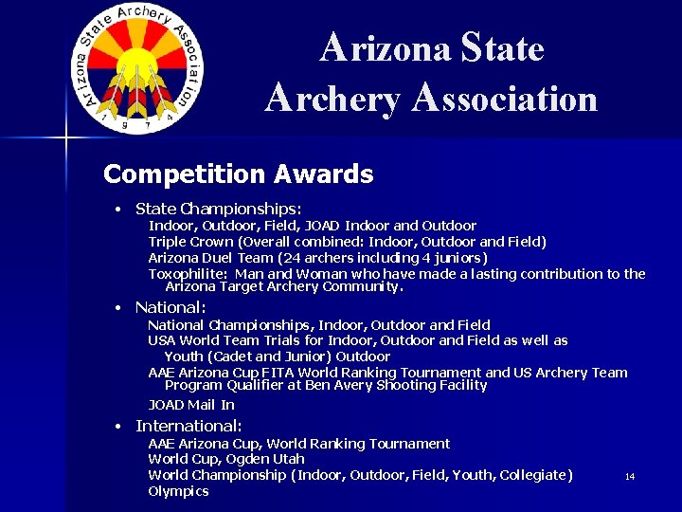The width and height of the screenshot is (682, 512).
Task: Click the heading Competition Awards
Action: point(238,174)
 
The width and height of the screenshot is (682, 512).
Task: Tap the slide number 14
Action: point(630,476)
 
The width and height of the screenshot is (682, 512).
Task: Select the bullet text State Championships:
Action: point(218,209)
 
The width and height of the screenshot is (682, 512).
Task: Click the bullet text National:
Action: point(170,307)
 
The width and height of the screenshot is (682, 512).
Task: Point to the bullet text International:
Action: point(188,427)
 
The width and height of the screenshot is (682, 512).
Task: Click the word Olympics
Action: point(178,491)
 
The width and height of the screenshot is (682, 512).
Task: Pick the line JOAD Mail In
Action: point(191,405)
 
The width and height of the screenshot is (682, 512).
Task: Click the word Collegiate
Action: point(534,475)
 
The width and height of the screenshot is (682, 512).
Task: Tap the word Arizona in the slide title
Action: point(386,47)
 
